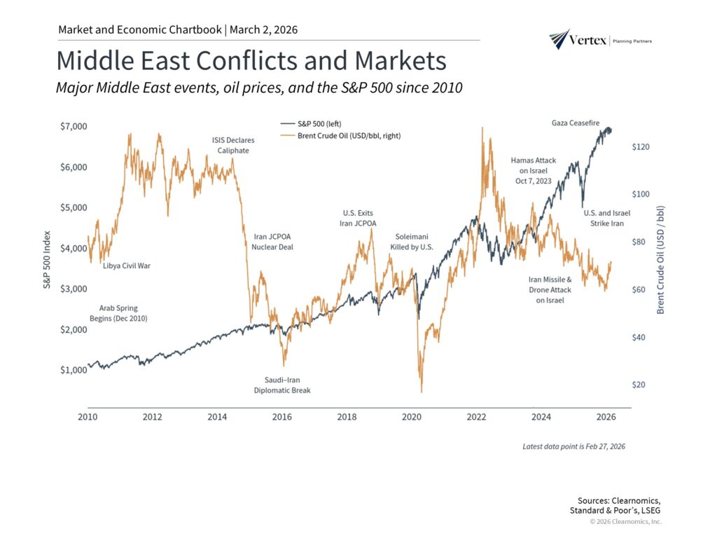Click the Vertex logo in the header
click(x=601, y=40)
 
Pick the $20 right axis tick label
click(x=643, y=385)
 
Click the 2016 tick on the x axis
click(x=282, y=418)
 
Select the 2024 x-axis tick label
click(x=541, y=418)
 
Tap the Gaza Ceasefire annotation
click(x=576, y=123)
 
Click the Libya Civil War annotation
click(x=127, y=266)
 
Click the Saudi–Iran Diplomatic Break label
click(x=282, y=385)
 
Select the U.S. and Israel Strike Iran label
click(x=607, y=218)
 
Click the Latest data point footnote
click(x=574, y=446)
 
